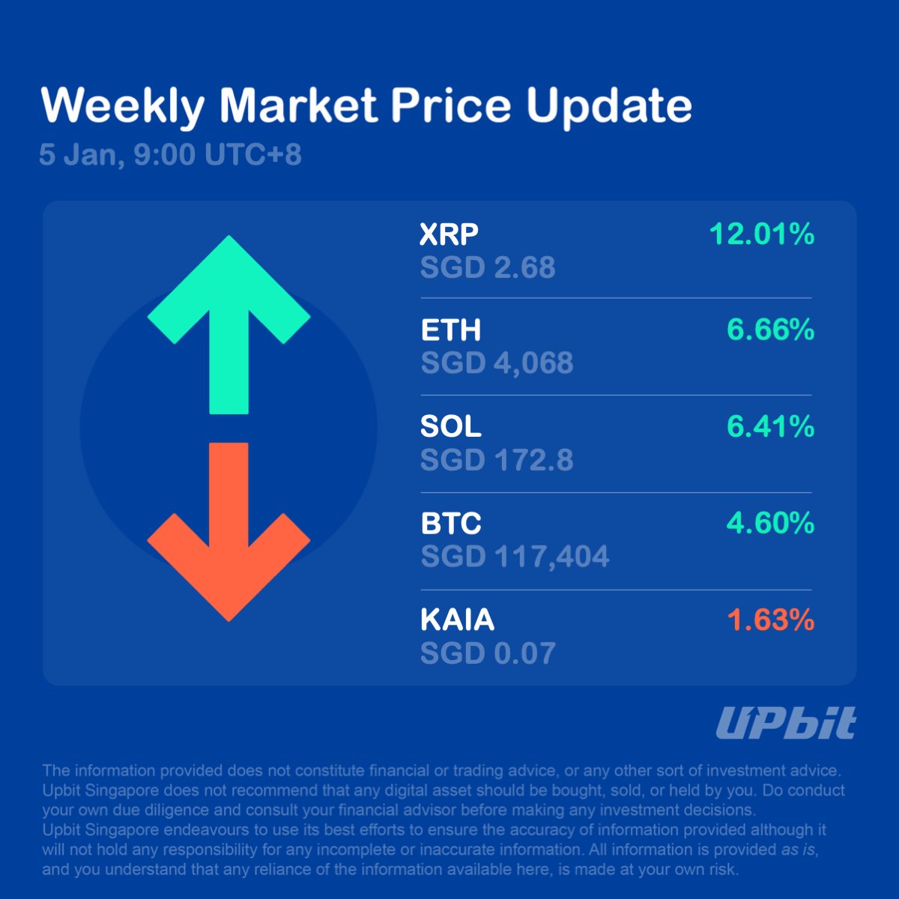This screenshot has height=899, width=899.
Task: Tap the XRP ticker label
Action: [x=449, y=234]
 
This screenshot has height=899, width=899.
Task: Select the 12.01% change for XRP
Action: [x=761, y=234]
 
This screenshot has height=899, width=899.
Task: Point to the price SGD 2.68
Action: [x=488, y=267]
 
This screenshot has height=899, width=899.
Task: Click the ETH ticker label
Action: [x=450, y=330]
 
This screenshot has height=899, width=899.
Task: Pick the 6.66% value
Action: [x=770, y=330]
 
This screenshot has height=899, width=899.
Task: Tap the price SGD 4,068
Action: [x=497, y=363]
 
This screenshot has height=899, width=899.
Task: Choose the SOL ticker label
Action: [x=450, y=426]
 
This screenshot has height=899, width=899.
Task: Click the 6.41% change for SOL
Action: [x=770, y=426]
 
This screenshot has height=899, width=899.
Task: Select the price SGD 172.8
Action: [x=497, y=460]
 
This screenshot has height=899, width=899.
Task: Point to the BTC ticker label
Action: [x=450, y=524]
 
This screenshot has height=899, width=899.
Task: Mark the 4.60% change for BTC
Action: [x=770, y=523]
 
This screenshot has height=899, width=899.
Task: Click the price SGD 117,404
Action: [x=515, y=557]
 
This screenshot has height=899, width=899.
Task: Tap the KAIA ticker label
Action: [x=457, y=620]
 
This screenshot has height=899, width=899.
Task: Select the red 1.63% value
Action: [x=770, y=620]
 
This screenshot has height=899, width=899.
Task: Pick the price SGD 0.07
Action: [x=488, y=653]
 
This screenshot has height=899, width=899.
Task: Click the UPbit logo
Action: [x=785, y=724]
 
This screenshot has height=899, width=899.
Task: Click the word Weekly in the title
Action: [x=122, y=106]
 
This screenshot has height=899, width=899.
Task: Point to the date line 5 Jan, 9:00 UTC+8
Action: [x=170, y=155]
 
